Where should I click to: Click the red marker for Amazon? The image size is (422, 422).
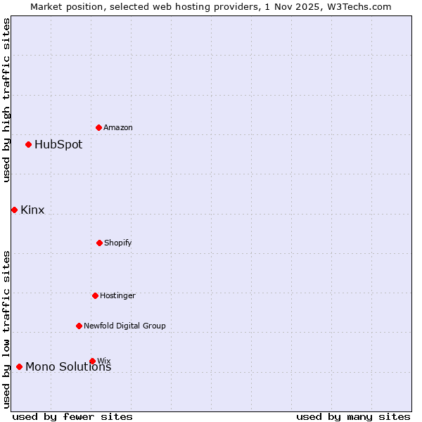coord(99,127)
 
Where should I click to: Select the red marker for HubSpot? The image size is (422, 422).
coord(29,145)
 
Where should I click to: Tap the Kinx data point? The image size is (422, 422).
coord(14,210)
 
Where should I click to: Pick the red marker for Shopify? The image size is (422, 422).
coord(99,243)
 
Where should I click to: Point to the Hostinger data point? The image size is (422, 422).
coord(95,295)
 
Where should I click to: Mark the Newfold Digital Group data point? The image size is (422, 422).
coord(79,326)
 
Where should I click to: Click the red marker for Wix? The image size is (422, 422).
coord(92,361)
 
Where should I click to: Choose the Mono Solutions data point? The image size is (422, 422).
coord(19,366)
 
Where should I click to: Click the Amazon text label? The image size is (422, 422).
coord(118,127)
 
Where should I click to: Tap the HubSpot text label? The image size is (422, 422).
coord(58,145)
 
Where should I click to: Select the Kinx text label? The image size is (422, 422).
coord(32,210)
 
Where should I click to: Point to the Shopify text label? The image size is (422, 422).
coord(118,243)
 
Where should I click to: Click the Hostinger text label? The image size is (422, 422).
coord(117,295)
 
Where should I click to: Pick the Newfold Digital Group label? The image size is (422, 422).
coord(124,326)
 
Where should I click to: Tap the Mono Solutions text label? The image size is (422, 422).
coord(68,367)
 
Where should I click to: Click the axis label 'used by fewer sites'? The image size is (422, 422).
coord(72,416)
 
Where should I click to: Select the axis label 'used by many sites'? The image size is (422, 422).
coord(353,416)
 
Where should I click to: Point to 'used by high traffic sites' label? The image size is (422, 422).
coord(6,100)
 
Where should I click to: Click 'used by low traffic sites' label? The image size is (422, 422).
coord(6,329)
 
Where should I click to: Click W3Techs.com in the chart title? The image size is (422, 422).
coord(357,6)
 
